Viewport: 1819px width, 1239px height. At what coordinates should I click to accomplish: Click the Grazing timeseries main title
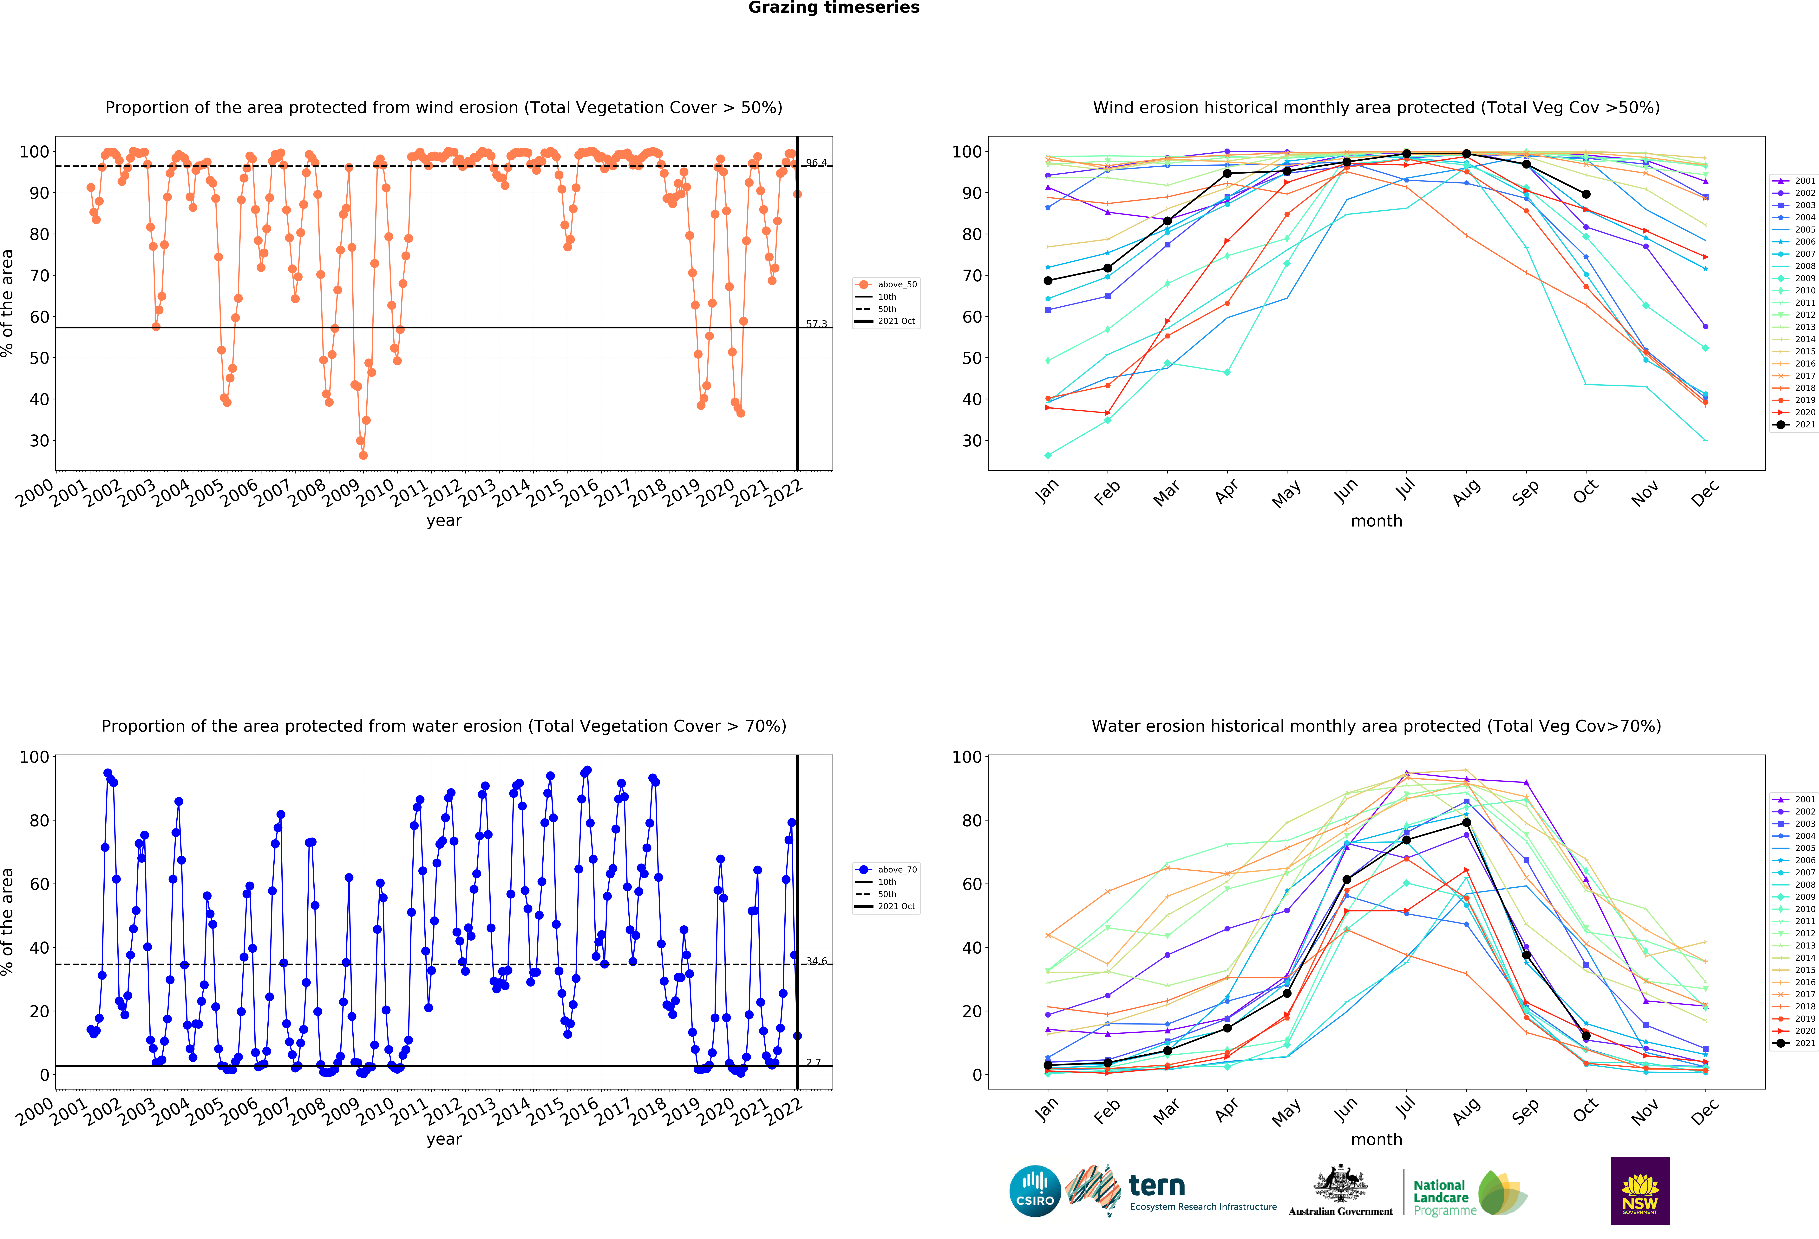[834, 8]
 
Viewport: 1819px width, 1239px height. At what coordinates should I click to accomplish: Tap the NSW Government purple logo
[1640, 1191]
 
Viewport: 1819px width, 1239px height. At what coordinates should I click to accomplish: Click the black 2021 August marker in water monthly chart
[1466, 823]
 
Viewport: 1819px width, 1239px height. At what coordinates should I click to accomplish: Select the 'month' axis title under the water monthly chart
[1376, 1140]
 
